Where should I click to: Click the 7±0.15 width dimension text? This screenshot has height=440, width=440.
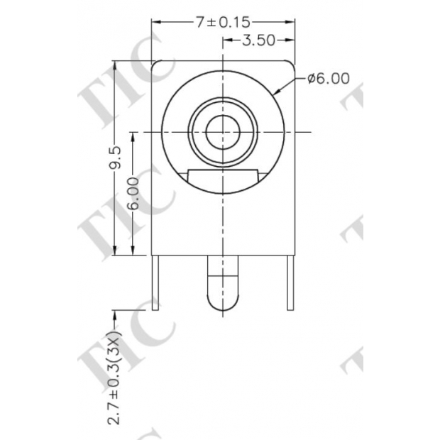224,23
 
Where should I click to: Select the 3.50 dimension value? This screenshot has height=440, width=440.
258,40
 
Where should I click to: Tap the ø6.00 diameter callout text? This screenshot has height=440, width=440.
328,79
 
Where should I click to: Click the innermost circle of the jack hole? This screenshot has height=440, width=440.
224,132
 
